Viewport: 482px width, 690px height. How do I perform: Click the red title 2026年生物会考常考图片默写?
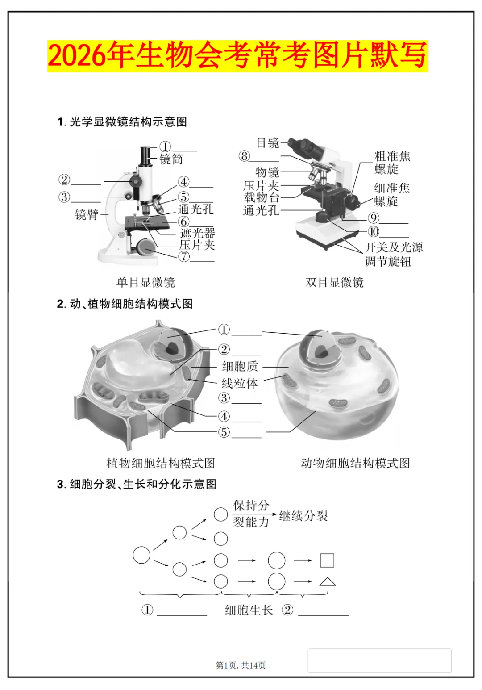click(237, 56)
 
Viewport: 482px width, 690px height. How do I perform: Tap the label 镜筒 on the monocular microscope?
click(171, 159)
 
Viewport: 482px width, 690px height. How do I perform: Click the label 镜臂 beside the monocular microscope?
click(87, 215)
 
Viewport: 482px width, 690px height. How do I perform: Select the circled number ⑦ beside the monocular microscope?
click(184, 257)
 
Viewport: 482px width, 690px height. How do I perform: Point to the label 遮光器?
click(197, 233)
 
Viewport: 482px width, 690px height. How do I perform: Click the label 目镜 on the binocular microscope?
click(268, 143)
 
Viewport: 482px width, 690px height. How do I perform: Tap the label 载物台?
click(262, 197)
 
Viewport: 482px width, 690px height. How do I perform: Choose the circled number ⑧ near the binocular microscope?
click(244, 156)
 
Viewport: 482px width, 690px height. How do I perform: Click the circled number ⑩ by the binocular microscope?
click(374, 231)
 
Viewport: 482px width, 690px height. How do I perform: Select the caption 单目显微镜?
click(145, 282)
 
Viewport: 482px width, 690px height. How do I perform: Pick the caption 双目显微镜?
click(335, 282)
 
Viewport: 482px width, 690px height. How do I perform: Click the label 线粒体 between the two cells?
click(240, 383)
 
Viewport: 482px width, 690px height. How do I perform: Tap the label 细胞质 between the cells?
click(240, 367)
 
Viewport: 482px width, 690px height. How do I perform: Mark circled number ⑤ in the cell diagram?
click(224, 432)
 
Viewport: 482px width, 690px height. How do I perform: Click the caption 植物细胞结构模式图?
click(161, 463)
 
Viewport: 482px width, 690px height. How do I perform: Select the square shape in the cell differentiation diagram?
click(327, 560)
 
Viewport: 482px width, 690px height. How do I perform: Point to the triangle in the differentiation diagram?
click(328, 581)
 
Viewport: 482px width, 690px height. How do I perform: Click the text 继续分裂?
click(303, 516)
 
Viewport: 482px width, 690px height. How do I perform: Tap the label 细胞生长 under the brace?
click(249, 610)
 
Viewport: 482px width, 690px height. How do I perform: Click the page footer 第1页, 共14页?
click(241, 665)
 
